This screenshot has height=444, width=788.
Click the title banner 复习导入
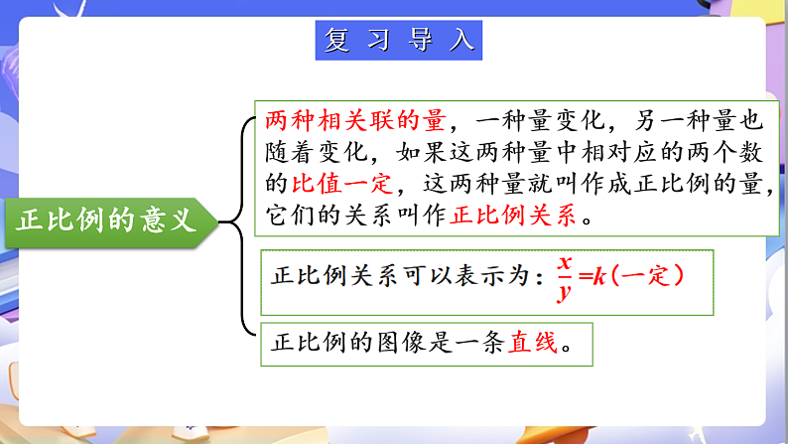pos(400,41)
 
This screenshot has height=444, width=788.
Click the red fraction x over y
pos(564,277)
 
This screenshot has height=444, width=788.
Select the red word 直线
pos(531,344)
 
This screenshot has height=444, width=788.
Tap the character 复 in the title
pos(338,41)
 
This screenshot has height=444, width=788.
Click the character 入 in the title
pos(460,41)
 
